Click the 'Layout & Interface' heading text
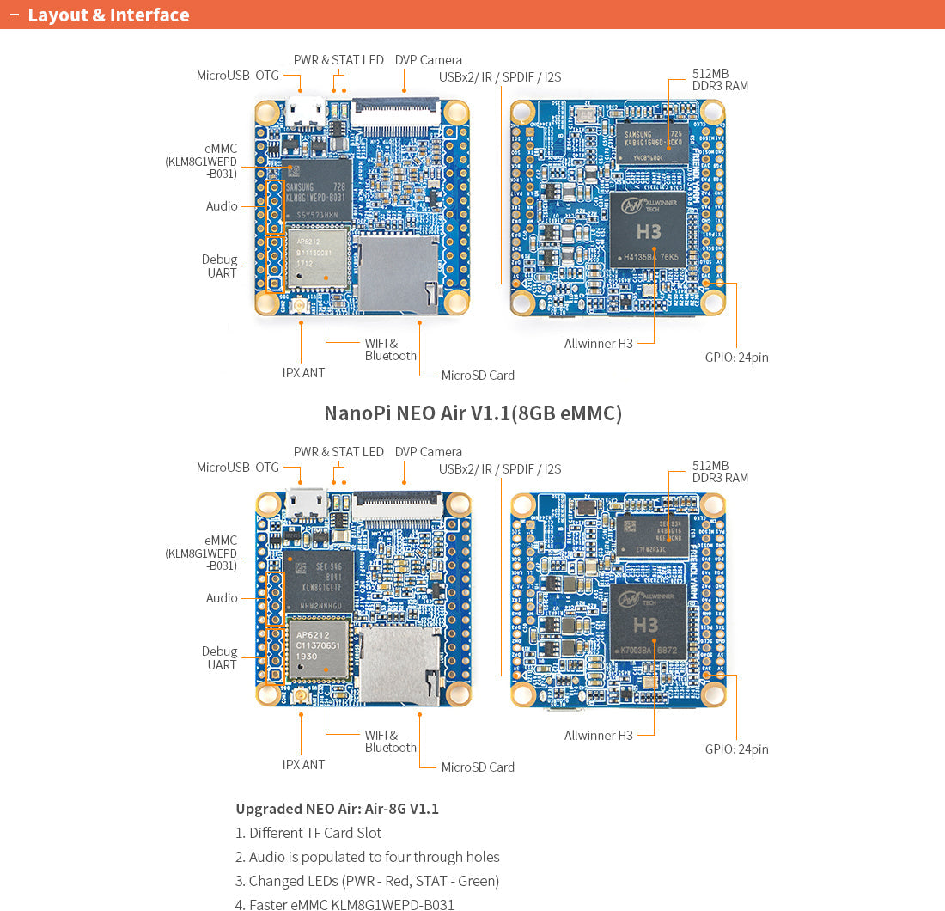108,15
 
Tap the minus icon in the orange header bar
14,15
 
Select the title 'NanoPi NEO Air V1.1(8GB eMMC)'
472,413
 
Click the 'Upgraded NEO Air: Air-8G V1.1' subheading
337,809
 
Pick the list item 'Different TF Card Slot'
308,833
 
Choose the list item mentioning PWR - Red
367,881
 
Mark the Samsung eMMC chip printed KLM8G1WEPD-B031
317,191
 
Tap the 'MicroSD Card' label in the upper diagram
478,376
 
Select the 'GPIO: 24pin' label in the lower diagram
736,749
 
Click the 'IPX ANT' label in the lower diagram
303,765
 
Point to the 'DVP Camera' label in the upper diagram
428,60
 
